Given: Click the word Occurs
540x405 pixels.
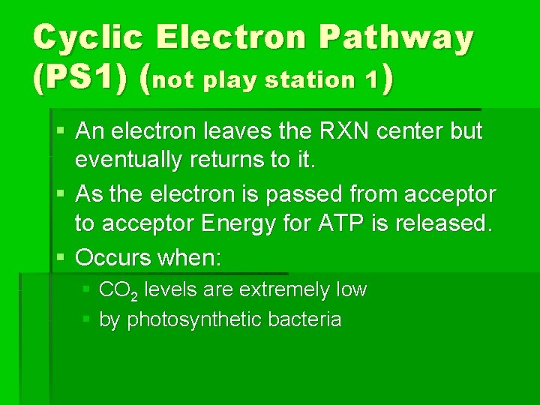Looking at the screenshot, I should (112, 258).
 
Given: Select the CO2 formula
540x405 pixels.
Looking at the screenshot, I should (116, 291).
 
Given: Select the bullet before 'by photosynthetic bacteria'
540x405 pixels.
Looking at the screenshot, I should (86, 319).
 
